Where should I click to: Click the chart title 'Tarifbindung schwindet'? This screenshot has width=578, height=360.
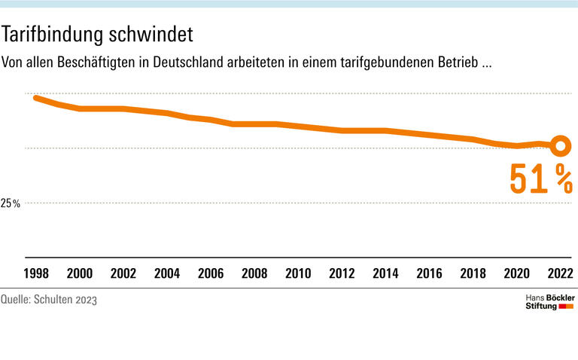point(98,35)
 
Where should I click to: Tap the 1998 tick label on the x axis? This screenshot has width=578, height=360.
point(36,273)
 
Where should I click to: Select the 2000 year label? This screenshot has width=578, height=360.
point(80,273)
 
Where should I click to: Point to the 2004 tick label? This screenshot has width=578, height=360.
point(167,273)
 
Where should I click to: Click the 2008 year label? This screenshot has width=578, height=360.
point(254,273)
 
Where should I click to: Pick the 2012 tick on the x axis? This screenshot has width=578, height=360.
point(342,273)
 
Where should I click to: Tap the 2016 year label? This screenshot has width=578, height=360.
point(429,273)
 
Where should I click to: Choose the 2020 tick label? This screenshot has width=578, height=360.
point(516,273)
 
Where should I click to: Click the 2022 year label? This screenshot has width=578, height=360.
point(560,273)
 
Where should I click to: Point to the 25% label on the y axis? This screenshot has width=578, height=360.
point(11,203)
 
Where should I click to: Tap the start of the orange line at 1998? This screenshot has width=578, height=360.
point(36,98)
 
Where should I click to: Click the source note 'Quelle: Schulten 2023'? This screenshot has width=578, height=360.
point(49,300)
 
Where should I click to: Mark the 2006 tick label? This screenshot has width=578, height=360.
point(211,273)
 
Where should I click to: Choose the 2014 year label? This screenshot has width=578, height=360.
point(385,273)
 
